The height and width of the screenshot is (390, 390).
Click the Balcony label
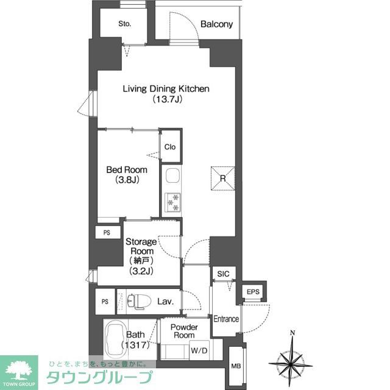(x=216, y=24)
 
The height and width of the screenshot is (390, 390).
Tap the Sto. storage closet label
(x=124, y=24)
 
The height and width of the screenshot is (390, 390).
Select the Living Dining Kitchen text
(x=166, y=89)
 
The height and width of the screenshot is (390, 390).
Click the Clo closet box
(x=169, y=147)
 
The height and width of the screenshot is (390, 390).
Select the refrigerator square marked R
(x=222, y=179)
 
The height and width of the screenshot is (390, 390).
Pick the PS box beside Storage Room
(x=107, y=232)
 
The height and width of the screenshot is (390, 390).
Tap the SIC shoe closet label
(x=223, y=274)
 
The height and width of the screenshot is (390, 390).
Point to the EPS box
(x=253, y=292)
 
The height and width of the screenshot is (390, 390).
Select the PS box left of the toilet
(x=104, y=301)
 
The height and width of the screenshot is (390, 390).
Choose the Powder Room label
(x=183, y=331)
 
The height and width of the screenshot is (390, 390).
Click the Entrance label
(x=225, y=319)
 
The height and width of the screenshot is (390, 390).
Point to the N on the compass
(x=292, y=333)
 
